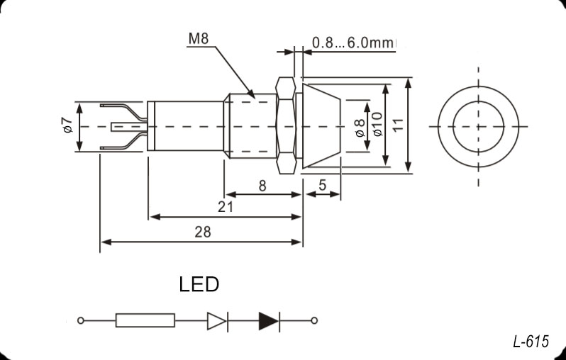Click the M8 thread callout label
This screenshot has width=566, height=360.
(x=198, y=39)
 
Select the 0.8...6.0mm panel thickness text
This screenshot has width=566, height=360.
(x=353, y=43)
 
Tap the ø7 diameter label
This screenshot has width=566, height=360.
(x=67, y=126)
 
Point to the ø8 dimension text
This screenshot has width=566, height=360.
(x=360, y=126)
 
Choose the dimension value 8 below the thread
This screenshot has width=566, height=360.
(x=262, y=186)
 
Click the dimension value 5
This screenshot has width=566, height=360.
(x=323, y=186)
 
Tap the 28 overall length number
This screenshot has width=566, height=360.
(x=201, y=232)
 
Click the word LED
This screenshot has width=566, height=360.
(x=199, y=285)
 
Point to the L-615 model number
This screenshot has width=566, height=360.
(x=531, y=342)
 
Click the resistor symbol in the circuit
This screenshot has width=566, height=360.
(x=145, y=321)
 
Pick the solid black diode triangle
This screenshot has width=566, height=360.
(x=269, y=321)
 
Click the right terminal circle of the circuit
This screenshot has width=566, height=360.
(x=314, y=321)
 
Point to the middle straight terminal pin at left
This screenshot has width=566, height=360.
(x=128, y=127)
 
